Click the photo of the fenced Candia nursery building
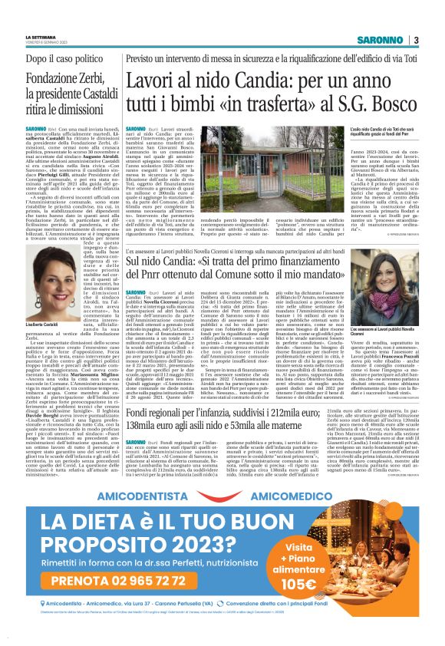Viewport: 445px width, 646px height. click(217, 166)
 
